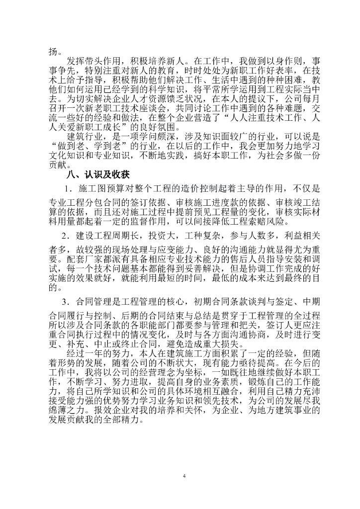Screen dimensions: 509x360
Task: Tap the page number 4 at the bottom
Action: tap(184, 477)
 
